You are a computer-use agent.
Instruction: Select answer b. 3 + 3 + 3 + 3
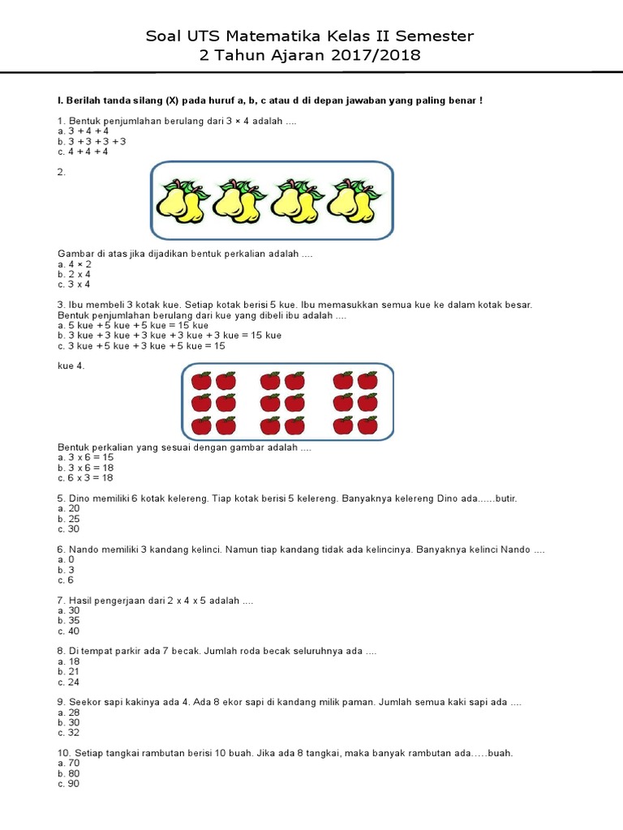pyautogui.click(x=92, y=141)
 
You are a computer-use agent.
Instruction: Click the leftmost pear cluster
pyautogui.click(x=181, y=200)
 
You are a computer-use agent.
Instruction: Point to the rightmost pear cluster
pyautogui.click(x=353, y=200)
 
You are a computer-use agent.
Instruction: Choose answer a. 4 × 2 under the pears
pyautogui.click(x=74, y=264)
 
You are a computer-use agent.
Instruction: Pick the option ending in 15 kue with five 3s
pyautogui.click(x=170, y=336)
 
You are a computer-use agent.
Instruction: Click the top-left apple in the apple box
pyautogui.click(x=201, y=381)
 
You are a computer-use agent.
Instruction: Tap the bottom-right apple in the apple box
pyautogui.click(x=367, y=426)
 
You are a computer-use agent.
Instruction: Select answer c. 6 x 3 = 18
pyautogui.click(x=85, y=478)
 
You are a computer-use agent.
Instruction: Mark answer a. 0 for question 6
pyautogui.click(x=66, y=560)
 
